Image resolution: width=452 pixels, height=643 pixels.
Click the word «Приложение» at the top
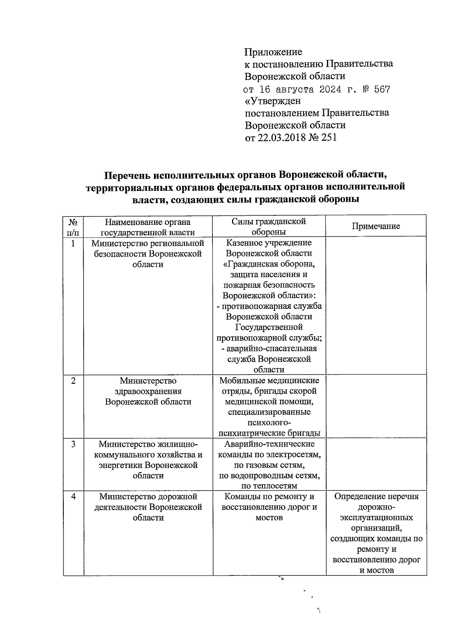point(273,51)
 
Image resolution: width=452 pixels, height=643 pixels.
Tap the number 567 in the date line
point(382,90)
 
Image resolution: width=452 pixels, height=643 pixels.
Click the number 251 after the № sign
point(329,138)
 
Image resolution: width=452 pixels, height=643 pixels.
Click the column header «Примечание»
point(376,226)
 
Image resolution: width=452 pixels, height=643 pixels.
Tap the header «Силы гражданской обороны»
point(269,226)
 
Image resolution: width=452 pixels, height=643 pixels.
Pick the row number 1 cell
point(73,244)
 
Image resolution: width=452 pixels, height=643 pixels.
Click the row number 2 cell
point(73,381)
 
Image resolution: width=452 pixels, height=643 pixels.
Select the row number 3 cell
point(73,444)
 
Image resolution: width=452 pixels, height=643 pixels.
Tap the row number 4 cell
point(73,497)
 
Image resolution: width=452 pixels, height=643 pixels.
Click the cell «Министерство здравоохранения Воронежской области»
point(148,391)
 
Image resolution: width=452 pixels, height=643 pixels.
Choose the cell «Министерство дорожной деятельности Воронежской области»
point(148,507)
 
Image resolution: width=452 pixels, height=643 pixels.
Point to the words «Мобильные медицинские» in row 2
point(269,381)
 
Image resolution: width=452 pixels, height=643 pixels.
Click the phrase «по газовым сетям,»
point(269,465)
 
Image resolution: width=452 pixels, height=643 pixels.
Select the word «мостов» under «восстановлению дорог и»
point(269,518)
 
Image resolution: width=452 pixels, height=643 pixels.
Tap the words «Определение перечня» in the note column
point(376,496)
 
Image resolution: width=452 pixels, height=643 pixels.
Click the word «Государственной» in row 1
point(269,327)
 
